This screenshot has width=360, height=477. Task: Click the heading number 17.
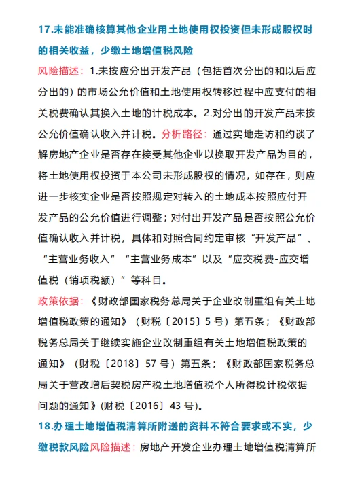tap(46, 31)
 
